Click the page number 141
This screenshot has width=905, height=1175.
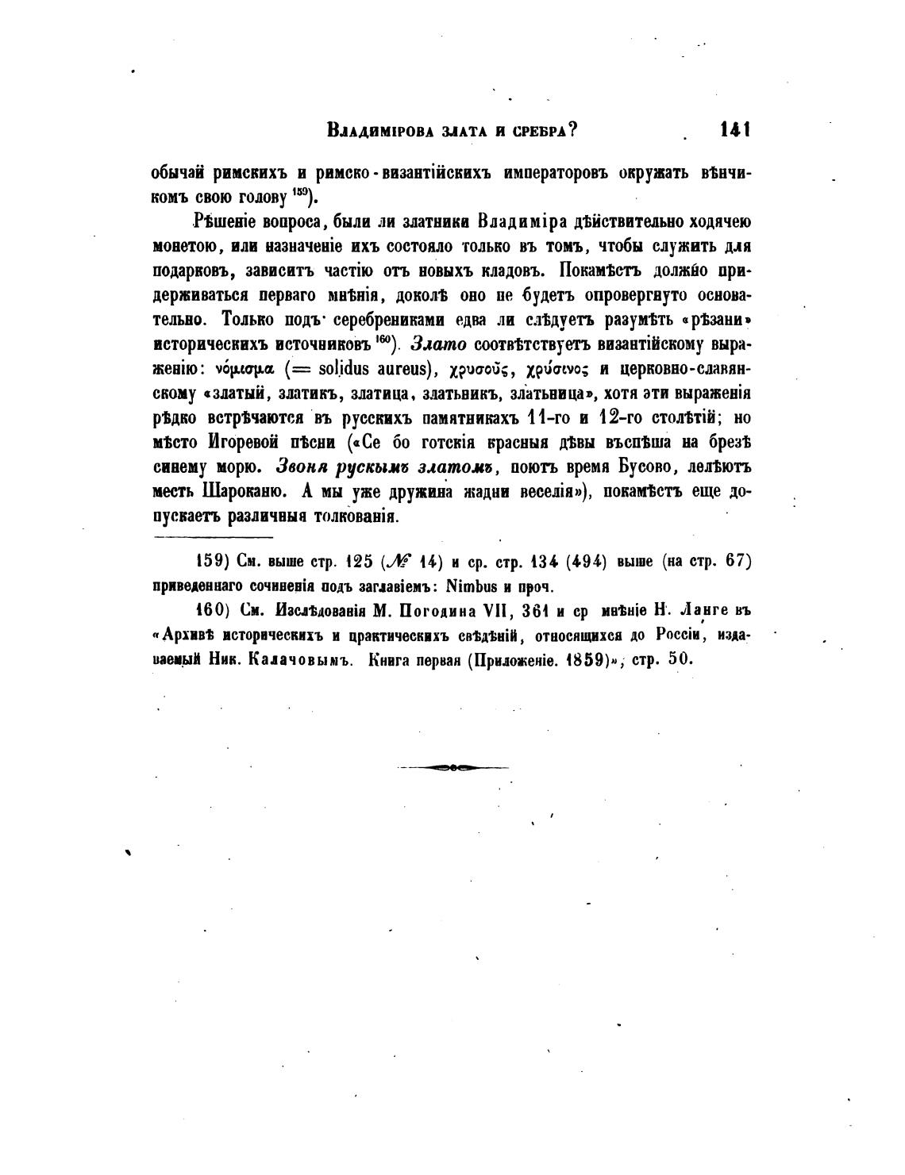click(x=734, y=130)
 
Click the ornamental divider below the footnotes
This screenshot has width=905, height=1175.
click(x=452, y=767)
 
